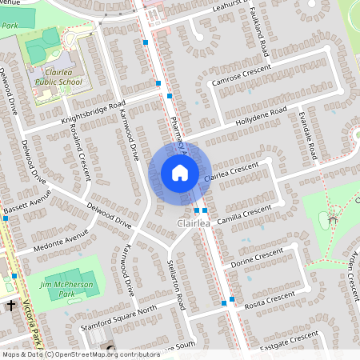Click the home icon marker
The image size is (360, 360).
pyautogui.click(x=180, y=172)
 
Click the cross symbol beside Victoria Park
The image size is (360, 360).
pyautogui.click(x=11, y=306)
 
